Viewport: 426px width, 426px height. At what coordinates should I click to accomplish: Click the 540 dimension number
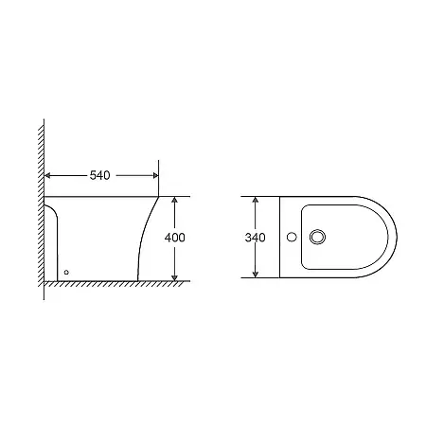(100, 174)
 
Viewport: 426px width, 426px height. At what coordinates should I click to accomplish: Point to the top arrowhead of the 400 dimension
(174, 201)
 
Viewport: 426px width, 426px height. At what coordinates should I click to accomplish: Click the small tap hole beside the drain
(293, 238)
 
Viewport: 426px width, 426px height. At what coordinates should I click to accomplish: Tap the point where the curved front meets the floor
(139, 280)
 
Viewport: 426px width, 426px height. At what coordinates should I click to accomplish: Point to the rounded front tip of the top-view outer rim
(397, 238)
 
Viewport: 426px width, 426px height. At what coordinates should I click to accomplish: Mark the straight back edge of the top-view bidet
(280, 238)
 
